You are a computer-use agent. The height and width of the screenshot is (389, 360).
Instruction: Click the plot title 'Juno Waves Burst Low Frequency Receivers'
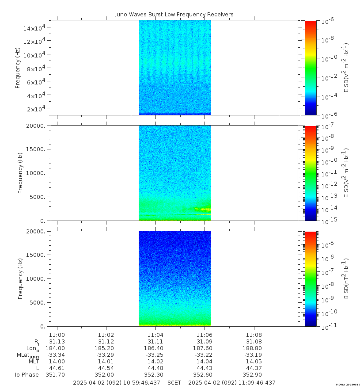click(x=174, y=15)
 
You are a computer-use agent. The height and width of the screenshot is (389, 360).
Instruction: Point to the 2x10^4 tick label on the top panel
click(x=37, y=109)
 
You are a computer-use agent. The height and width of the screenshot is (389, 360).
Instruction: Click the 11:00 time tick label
click(x=57, y=335)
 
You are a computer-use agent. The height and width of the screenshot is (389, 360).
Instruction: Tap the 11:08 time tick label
click(x=254, y=335)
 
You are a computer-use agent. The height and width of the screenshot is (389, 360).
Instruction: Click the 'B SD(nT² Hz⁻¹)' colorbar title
click(x=346, y=278)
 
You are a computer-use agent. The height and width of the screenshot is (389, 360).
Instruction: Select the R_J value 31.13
click(x=57, y=342)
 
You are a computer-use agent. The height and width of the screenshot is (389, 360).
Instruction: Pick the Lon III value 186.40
click(x=155, y=348)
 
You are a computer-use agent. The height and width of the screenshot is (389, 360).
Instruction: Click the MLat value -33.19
click(x=254, y=355)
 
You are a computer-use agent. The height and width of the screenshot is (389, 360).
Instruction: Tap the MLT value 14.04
click(x=205, y=362)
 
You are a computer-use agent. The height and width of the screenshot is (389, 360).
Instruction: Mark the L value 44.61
click(x=57, y=368)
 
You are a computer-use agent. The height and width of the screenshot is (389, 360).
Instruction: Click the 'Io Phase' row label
click(x=27, y=375)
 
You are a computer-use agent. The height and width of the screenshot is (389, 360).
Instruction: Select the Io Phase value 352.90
click(x=254, y=375)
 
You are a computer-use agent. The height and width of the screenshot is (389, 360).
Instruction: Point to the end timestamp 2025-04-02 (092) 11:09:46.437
click(x=231, y=383)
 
